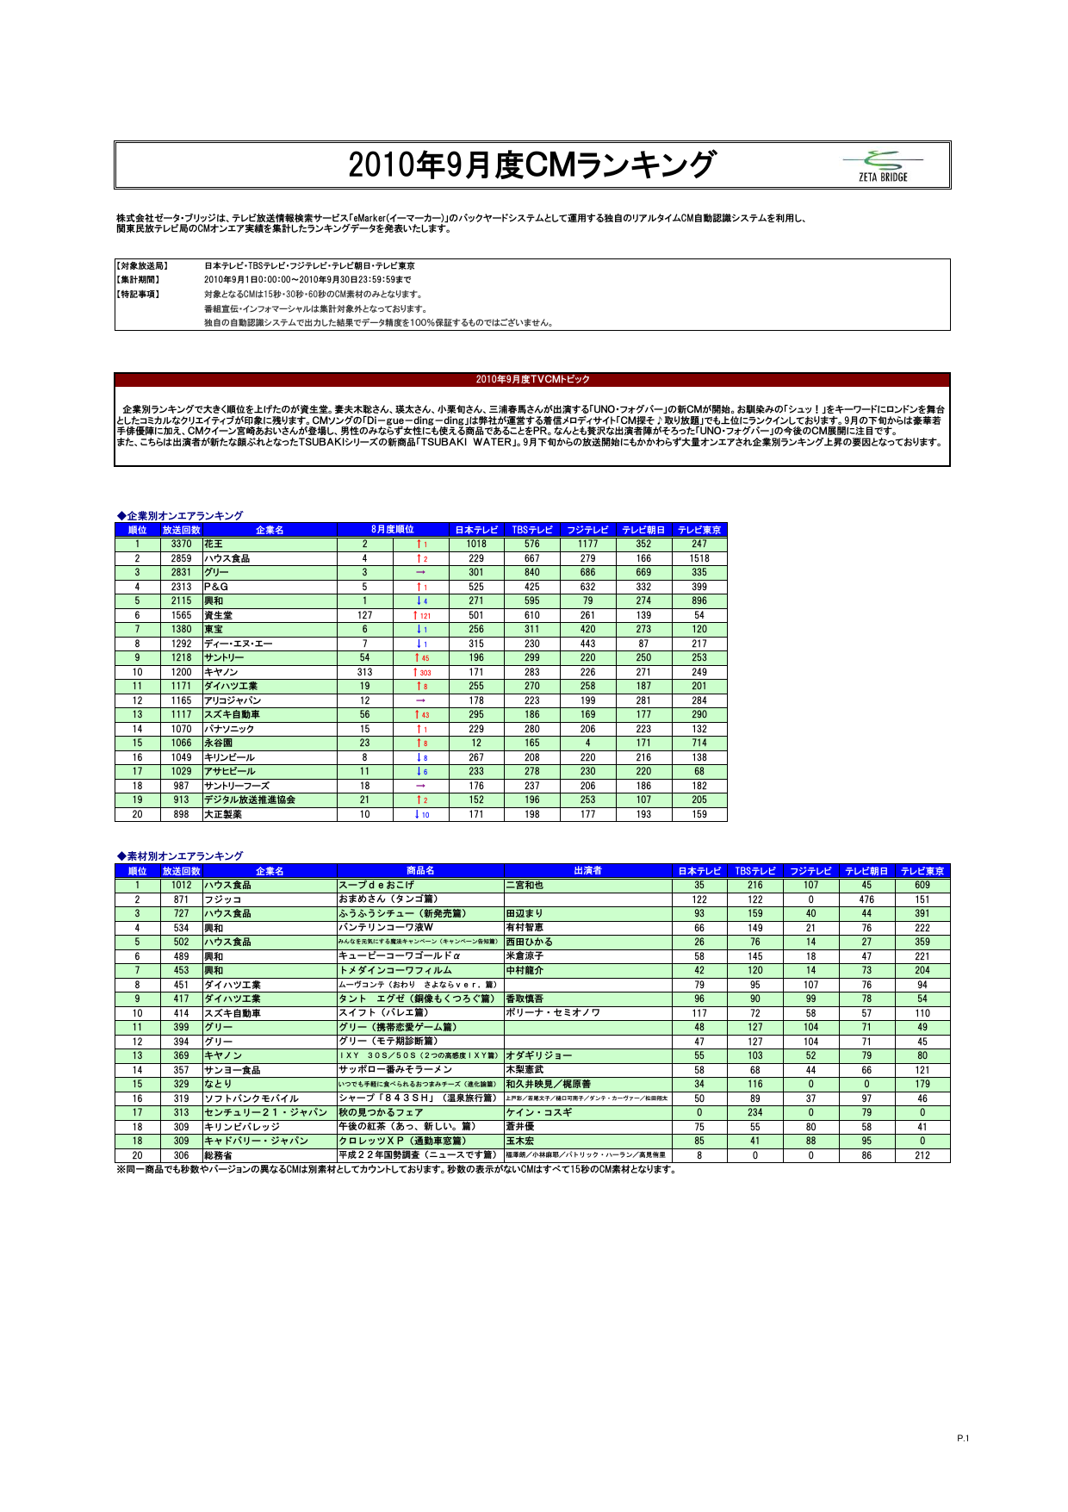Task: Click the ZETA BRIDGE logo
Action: point(883,165)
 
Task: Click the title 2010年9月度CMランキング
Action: point(531,165)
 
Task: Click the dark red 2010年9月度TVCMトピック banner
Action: point(532,379)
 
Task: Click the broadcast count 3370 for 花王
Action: point(181,544)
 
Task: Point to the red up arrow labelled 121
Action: point(421,615)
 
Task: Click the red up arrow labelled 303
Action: point(421,672)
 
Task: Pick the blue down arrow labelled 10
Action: point(421,814)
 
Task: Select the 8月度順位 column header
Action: point(393,530)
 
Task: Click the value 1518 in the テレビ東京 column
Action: point(699,558)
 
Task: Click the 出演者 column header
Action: point(587,871)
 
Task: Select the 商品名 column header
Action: point(420,871)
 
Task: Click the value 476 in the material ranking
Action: point(866,899)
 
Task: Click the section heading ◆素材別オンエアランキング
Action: point(180,856)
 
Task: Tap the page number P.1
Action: point(963,1438)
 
